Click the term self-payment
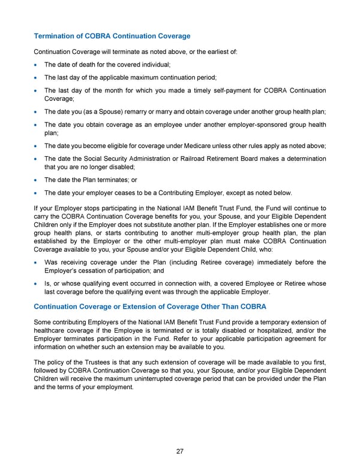[x=209, y=91]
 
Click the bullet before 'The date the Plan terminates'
[x=37, y=180]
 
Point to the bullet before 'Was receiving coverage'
[x=37, y=262]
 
